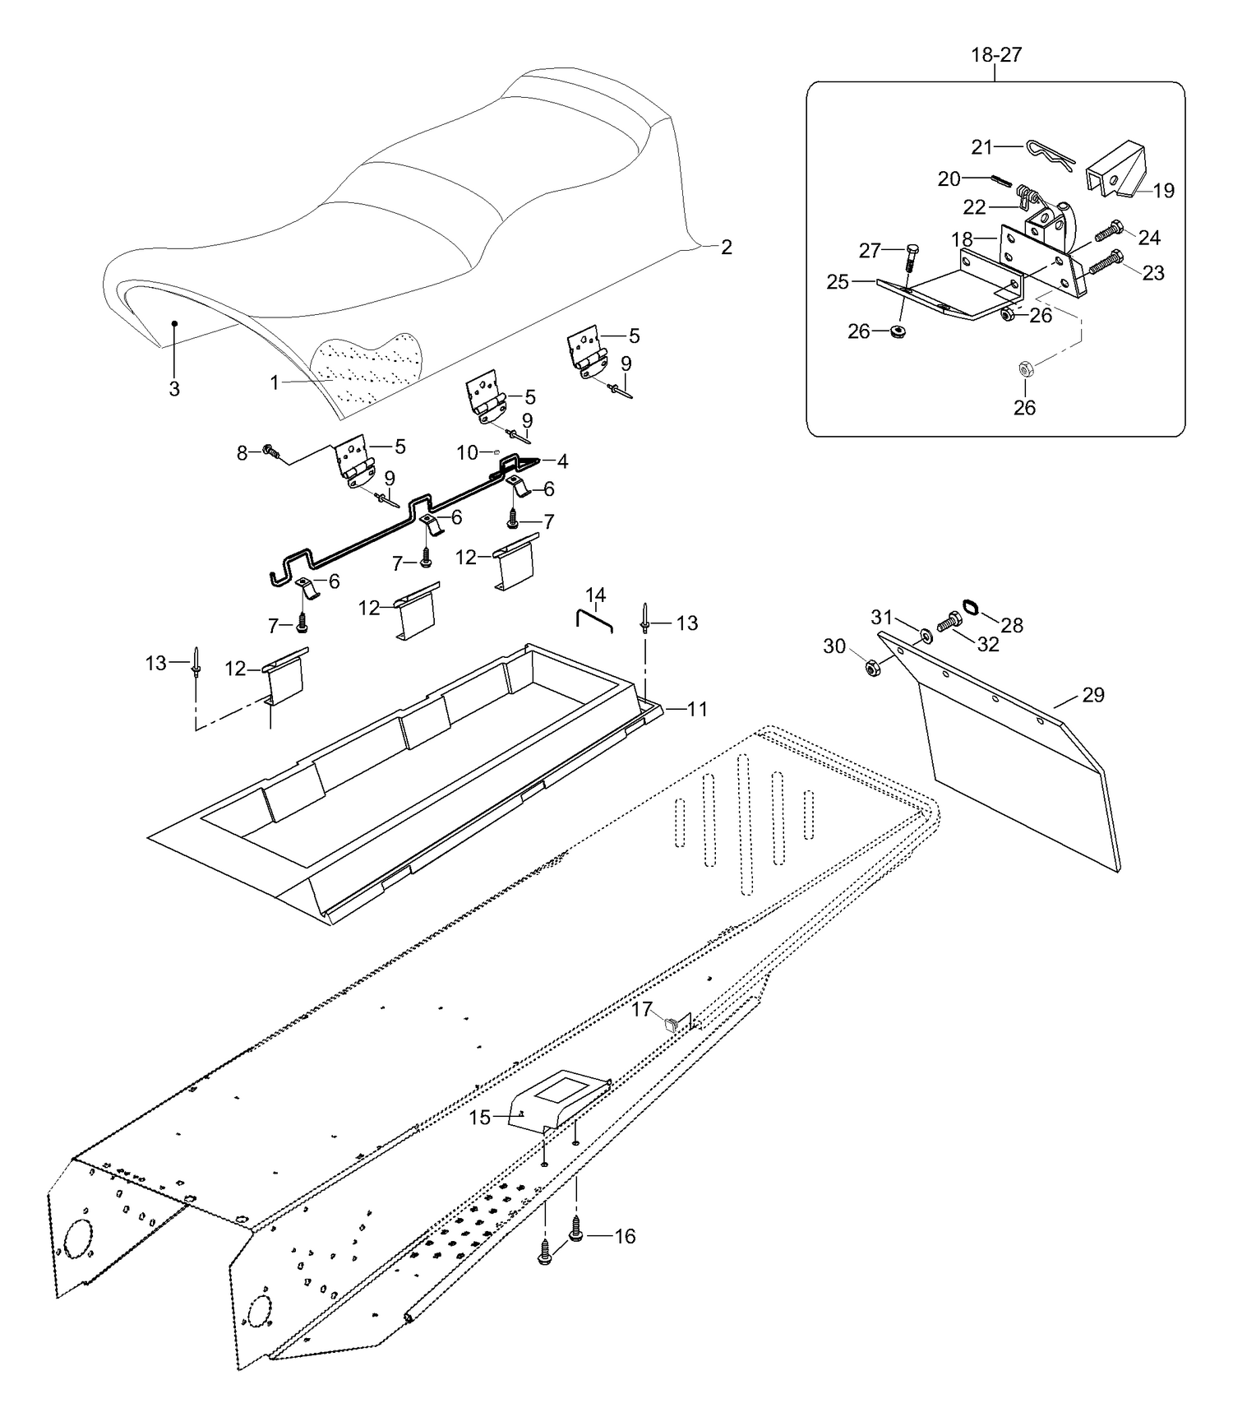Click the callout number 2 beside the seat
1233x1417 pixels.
coord(726,247)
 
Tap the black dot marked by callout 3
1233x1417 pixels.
coord(174,324)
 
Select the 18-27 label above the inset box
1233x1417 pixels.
coord(995,55)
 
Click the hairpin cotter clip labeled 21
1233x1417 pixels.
coord(1050,155)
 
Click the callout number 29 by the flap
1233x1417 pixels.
coord(1092,695)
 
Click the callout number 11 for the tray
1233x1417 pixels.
coord(697,708)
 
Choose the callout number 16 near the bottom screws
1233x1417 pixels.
coord(625,1236)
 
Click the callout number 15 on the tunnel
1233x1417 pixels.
coord(480,1118)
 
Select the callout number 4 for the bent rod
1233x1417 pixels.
coord(562,461)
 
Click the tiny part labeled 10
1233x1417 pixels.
coord(497,451)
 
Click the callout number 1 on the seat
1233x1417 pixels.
coord(275,382)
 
